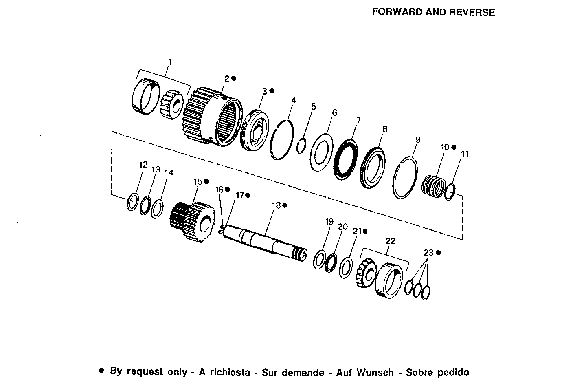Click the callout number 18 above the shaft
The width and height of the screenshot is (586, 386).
[x=277, y=205]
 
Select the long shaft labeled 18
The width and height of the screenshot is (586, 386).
[x=265, y=243]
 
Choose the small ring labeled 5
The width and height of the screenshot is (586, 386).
[x=301, y=145]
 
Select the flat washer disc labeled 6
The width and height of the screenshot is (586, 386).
[x=322, y=152]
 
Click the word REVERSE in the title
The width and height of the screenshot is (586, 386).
[x=472, y=12]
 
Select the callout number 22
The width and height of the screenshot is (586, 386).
[x=390, y=241]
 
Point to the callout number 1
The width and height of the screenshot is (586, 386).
[x=170, y=62]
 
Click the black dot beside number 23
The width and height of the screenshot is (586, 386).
[x=438, y=253]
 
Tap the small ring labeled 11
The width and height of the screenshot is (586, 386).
[x=449, y=192]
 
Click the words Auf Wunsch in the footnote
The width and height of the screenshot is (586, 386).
[x=375, y=372]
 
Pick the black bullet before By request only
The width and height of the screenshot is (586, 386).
[x=102, y=371]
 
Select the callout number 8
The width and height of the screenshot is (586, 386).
[x=385, y=129]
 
